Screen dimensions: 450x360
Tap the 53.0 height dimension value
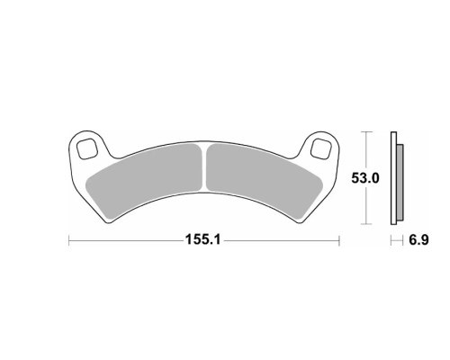pos(365,178)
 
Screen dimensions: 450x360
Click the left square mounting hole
pos(86,149)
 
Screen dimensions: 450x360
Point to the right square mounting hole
pos(320,148)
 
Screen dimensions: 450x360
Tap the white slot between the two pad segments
pos(204,168)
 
